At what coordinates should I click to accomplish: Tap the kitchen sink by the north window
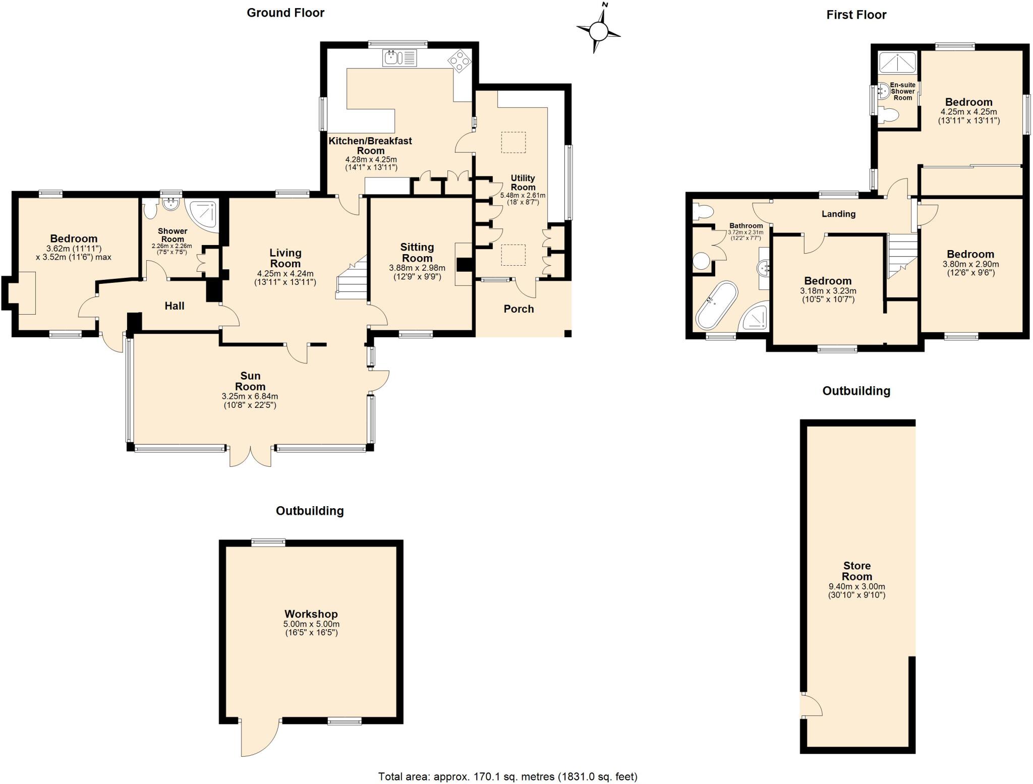399,57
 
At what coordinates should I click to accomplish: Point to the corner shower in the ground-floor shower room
203,214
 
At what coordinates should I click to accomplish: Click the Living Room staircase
352,277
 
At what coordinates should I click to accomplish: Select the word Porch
519,309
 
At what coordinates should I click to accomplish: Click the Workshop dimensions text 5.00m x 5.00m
311,624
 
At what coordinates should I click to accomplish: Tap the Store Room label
857,571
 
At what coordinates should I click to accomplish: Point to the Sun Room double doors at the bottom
251,456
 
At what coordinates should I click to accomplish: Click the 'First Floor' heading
856,15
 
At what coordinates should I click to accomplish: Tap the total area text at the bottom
508,776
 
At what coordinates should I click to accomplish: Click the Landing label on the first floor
838,214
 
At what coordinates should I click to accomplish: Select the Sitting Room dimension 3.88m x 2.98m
417,268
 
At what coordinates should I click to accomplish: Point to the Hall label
175,306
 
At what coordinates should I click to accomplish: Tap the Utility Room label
523,183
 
